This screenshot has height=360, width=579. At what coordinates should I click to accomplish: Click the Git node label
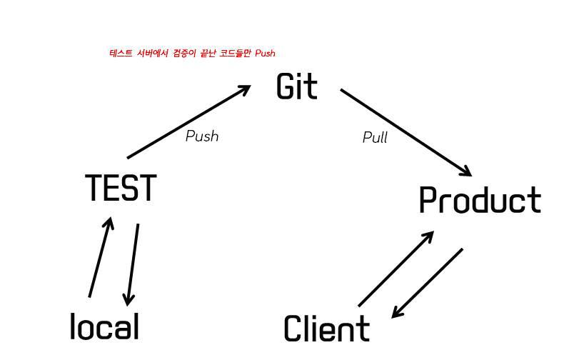tap(296, 86)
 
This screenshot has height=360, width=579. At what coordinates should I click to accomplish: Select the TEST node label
tap(120, 189)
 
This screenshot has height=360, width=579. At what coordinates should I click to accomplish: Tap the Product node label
tap(479, 201)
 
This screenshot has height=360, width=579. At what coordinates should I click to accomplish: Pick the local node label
tap(104, 327)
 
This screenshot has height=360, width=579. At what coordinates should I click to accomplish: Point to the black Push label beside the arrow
tap(201, 136)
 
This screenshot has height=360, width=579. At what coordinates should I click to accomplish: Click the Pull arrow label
tap(375, 137)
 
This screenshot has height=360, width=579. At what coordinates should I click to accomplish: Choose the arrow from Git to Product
tap(406, 132)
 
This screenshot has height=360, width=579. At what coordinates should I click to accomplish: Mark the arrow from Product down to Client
tap(427, 283)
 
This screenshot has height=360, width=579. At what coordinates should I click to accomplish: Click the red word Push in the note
tap(265, 53)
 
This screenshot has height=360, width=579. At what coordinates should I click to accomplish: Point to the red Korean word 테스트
tap(121, 53)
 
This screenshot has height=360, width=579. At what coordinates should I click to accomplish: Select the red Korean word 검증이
tap(184, 53)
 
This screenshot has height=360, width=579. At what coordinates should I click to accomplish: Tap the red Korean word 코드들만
tap(236, 53)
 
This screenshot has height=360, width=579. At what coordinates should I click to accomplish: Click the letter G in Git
tap(285, 86)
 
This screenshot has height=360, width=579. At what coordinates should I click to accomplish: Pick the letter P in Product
tap(427, 201)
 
